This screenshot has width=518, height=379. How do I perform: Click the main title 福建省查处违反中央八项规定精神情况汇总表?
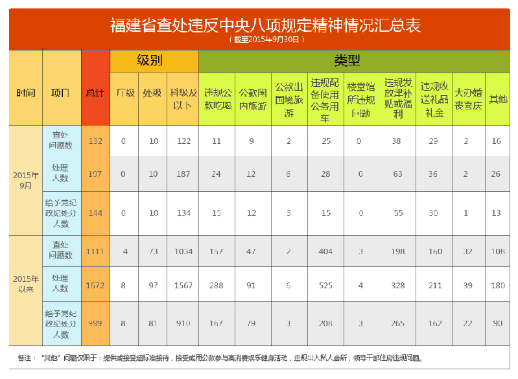pyautogui.click(x=265, y=25)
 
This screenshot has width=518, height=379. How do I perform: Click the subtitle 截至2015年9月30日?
pyautogui.click(x=266, y=40)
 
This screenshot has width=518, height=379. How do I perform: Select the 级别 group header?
pyautogui.click(x=154, y=61)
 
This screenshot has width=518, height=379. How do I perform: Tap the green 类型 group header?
pyautogui.click(x=347, y=61)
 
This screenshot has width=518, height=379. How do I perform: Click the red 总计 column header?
pyautogui.click(x=95, y=93)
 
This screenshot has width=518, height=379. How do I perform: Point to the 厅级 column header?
pyautogui.click(x=124, y=93)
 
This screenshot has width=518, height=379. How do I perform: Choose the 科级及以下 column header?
pyautogui.click(x=183, y=98)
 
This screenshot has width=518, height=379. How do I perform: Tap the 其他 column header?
pyautogui.click(x=497, y=98)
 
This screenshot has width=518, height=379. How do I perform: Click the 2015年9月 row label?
pyautogui.click(x=26, y=180)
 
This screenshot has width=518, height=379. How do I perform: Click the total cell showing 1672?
pyautogui.click(x=95, y=285)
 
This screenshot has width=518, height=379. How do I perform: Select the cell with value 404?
pyautogui.click(x=325, y=251)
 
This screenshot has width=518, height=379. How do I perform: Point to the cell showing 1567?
pyautogui.click(x=183, y=285)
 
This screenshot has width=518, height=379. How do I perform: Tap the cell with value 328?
pyautogui.click(x=397, y=285)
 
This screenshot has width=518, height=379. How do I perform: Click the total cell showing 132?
pyautogui.click(x=95, y=141)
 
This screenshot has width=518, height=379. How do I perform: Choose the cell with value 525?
pyautogui.click(x=325, y=285)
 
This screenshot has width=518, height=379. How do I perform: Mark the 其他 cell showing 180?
pyautogui.click(x=497, y=285)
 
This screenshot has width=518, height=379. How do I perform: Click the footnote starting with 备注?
pyautogui.click(x=220, y=358)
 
